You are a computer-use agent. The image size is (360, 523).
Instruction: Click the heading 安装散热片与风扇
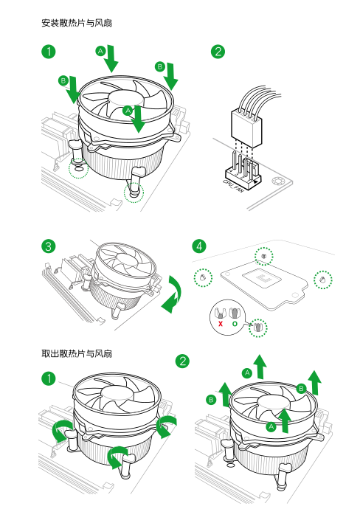77,23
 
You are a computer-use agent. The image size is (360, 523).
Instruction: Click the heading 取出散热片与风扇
77,353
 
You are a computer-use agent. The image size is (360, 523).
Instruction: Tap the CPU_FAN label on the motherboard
233,185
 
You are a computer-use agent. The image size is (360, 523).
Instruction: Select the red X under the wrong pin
221,324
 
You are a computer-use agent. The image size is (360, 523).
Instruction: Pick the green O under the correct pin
235,324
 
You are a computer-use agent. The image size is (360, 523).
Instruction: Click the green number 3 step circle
49,246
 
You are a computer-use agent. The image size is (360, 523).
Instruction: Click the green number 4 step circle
199,246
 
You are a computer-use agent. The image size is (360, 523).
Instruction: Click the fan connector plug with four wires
246,128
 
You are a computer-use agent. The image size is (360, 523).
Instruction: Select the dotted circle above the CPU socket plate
264,257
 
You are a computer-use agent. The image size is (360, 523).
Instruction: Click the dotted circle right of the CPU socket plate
323,280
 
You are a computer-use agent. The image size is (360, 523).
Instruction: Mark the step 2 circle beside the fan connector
218,52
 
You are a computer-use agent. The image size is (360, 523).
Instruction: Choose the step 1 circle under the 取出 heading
49,378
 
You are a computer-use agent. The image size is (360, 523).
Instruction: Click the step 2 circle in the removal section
182,361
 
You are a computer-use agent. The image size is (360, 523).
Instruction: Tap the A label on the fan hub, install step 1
128,111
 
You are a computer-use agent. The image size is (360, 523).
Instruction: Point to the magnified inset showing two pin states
227,317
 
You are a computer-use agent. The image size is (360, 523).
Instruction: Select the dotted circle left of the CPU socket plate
203,277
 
